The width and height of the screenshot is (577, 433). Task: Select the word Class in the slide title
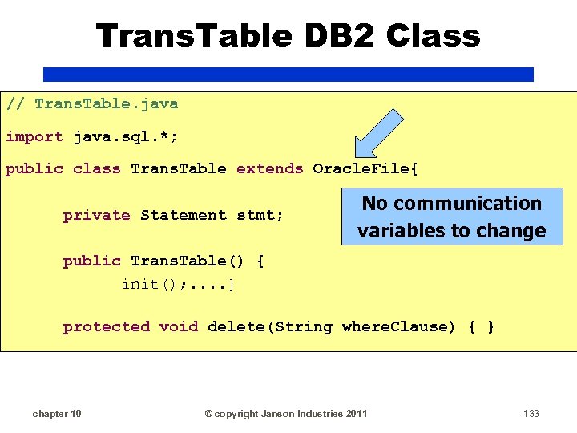433,36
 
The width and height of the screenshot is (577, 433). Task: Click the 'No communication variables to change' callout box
451,217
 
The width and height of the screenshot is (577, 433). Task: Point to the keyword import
34,136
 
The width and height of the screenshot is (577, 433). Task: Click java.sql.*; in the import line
126,136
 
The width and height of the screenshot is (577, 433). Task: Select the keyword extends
269,168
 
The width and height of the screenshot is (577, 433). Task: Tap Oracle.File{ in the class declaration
365,168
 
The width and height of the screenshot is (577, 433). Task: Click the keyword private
96,215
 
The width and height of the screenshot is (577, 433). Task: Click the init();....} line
178,284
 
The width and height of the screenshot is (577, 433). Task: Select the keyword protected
106,326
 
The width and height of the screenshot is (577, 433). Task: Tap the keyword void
178,326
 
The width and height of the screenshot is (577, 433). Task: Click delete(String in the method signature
269,326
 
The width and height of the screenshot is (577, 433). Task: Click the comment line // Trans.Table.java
92,103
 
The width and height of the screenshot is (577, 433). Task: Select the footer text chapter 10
56,414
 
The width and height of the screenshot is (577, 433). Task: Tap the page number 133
531,414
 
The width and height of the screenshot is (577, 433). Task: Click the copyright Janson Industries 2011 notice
286,414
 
